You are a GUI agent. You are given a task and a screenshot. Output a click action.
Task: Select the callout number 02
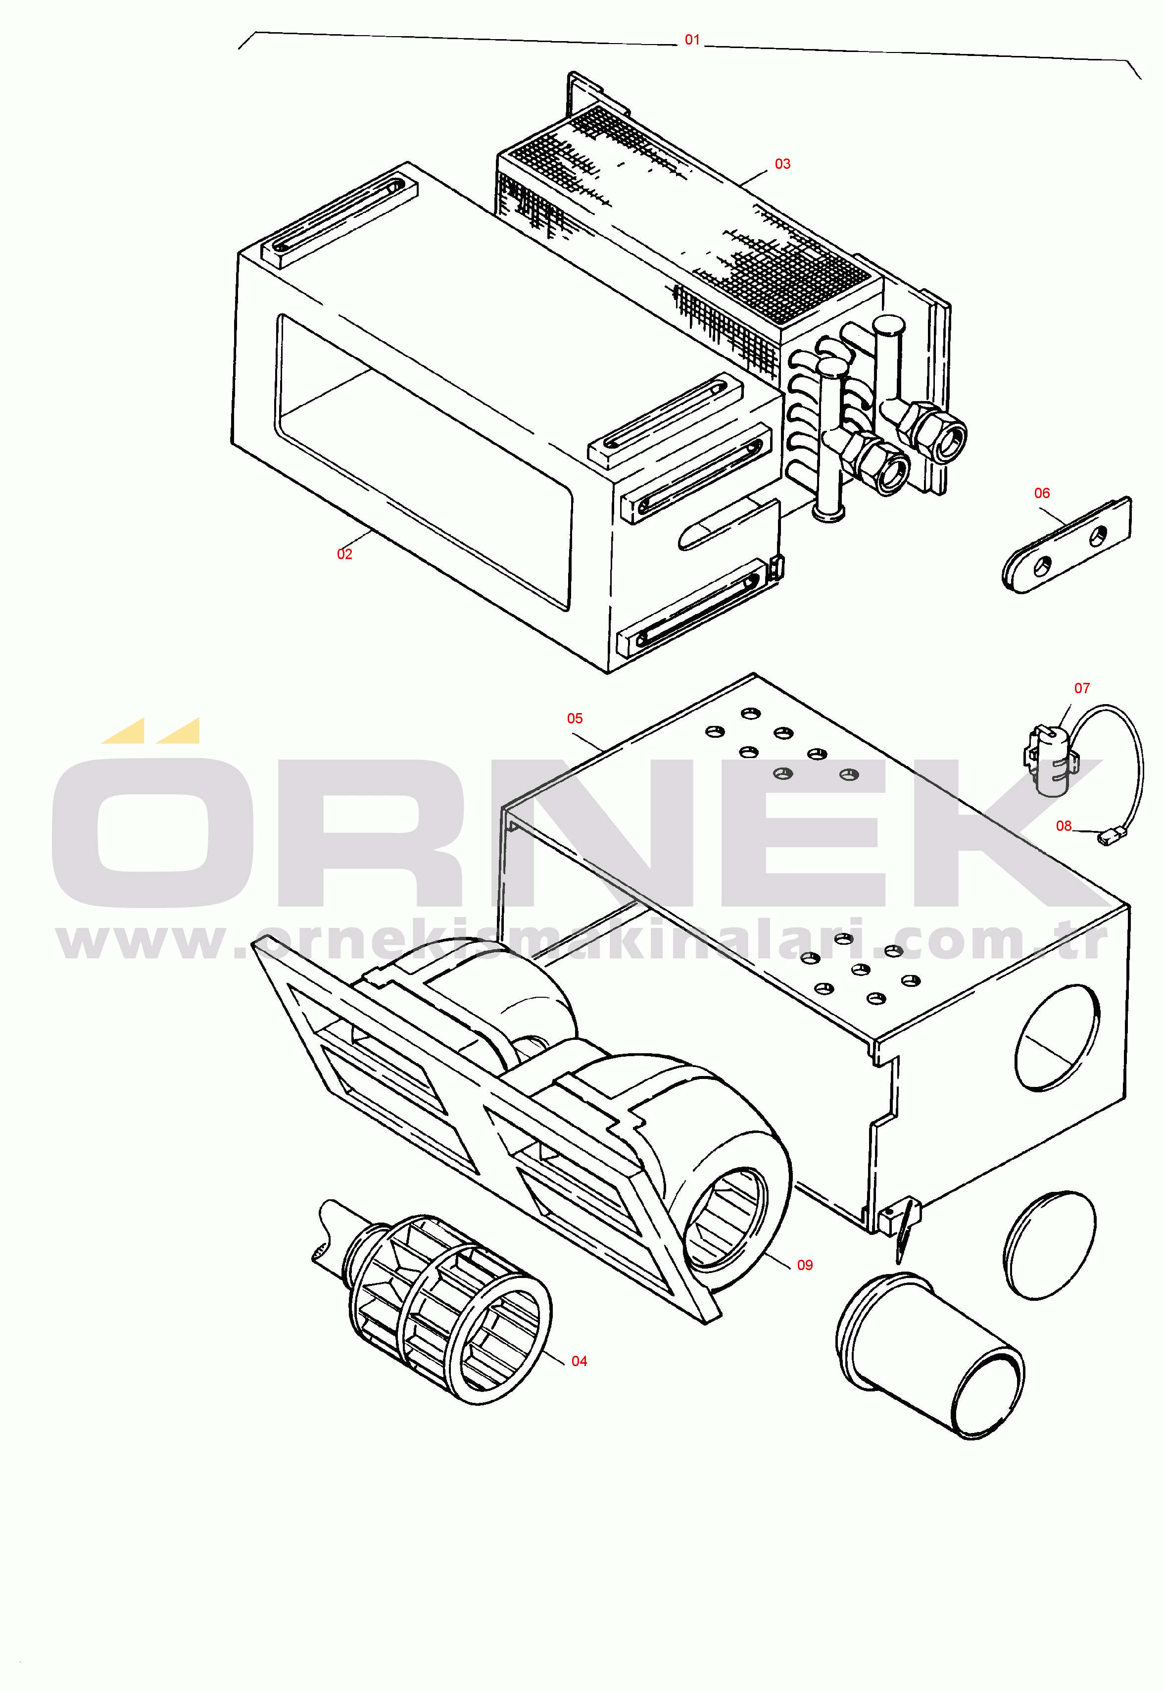(344, 555)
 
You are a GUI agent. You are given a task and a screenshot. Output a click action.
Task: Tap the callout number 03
(782, 164)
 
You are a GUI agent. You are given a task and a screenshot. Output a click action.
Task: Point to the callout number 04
(579, 1361)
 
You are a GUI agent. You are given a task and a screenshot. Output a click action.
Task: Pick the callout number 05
(575, 718)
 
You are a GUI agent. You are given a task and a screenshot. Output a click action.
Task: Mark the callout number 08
(1064, 826)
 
